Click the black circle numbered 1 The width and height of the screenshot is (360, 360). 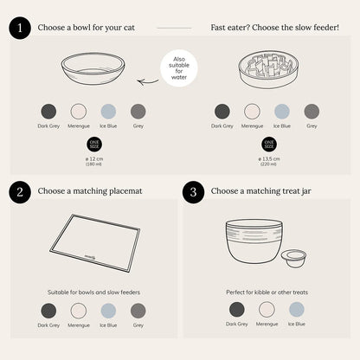pos(21,28)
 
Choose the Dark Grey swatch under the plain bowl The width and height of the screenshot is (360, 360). pos(48,111)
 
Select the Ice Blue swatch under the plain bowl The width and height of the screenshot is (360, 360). pos(107,111)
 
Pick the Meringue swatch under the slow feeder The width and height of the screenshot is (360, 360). pos(252,111)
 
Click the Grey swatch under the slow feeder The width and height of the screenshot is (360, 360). pos(312,111)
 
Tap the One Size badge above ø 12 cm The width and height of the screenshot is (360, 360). pos(93,144)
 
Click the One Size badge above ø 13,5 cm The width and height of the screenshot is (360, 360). pos(268,144)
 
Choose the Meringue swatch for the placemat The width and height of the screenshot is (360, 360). pos(78,310)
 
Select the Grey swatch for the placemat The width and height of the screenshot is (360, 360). pos(138,310)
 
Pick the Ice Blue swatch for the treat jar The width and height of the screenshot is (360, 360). pos(297,309)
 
